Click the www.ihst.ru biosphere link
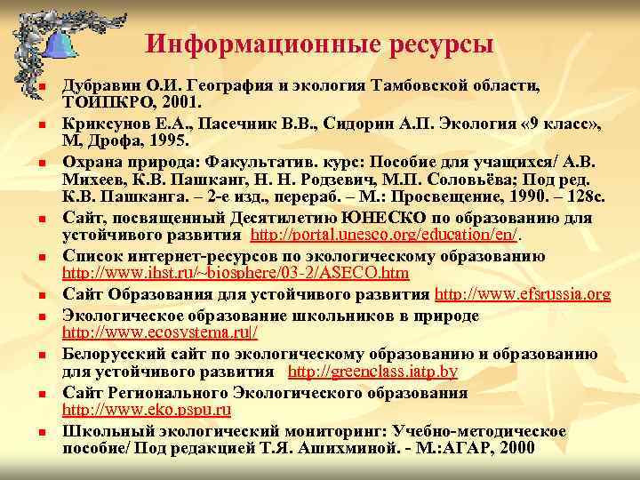pos(236,273)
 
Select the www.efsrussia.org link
pos(523,293)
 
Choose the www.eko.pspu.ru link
pos(148,410)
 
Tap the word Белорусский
pos(121,356)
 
